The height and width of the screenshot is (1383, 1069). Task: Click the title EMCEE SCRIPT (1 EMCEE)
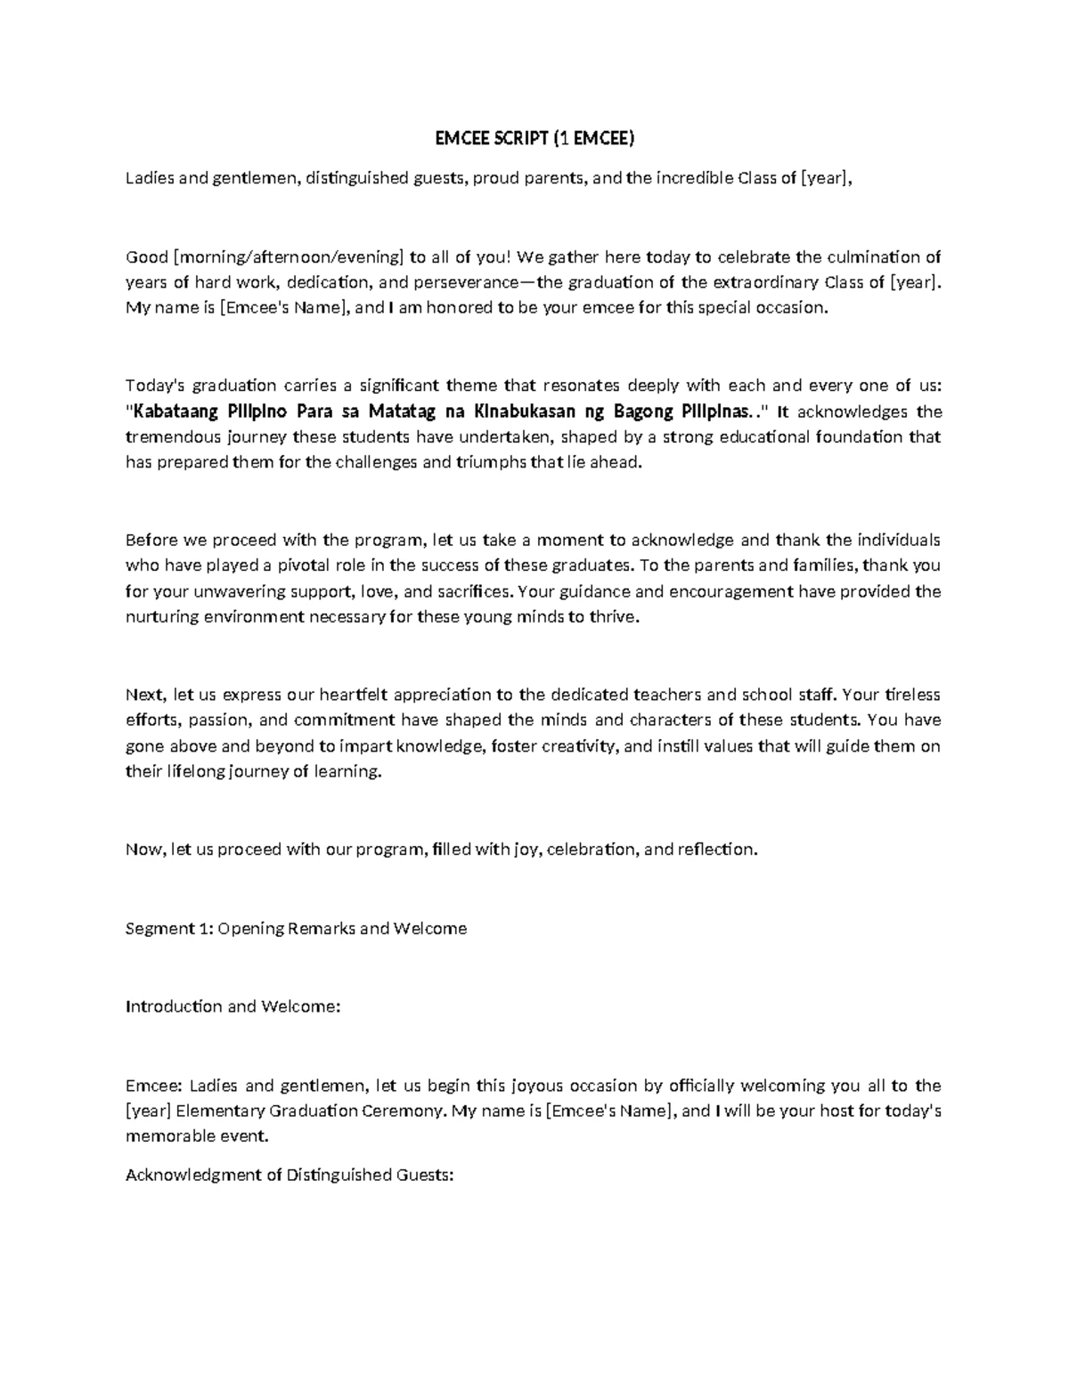coord(534,138)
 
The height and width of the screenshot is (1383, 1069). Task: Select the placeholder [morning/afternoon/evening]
coord(289,257)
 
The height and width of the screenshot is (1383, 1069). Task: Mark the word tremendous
coord(164,437)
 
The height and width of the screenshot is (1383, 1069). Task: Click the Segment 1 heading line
coord(296,929)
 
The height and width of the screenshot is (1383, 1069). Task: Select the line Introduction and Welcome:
coord(233,1006)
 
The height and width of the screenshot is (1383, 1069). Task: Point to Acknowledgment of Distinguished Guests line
coord(290,1175)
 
